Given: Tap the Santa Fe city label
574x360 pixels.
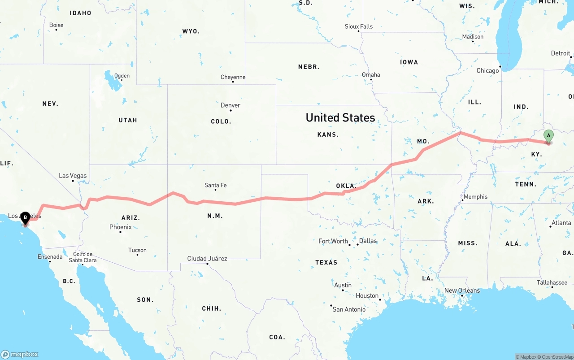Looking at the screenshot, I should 215,185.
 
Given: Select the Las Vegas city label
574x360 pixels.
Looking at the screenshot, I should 73,176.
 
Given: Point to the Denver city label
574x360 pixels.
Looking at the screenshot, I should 230,105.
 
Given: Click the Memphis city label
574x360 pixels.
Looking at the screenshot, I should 475,197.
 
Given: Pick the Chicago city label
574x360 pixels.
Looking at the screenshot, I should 487,71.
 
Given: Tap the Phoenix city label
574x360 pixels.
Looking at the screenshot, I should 121,227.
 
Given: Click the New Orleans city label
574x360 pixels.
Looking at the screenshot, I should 462,291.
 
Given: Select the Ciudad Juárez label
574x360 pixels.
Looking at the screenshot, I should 207,259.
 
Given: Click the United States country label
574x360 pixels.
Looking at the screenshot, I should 340,118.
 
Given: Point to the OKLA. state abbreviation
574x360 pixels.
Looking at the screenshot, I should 346,186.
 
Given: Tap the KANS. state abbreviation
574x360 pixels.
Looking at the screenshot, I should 328,134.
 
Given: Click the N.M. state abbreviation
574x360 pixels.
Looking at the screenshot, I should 215,216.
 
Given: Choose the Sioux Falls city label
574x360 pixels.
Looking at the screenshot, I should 359,26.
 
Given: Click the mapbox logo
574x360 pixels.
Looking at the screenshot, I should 20,354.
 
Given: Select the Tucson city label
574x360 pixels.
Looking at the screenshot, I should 137,250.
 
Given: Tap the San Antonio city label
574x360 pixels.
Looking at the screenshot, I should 349,309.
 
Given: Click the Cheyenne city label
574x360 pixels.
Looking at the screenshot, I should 233,77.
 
